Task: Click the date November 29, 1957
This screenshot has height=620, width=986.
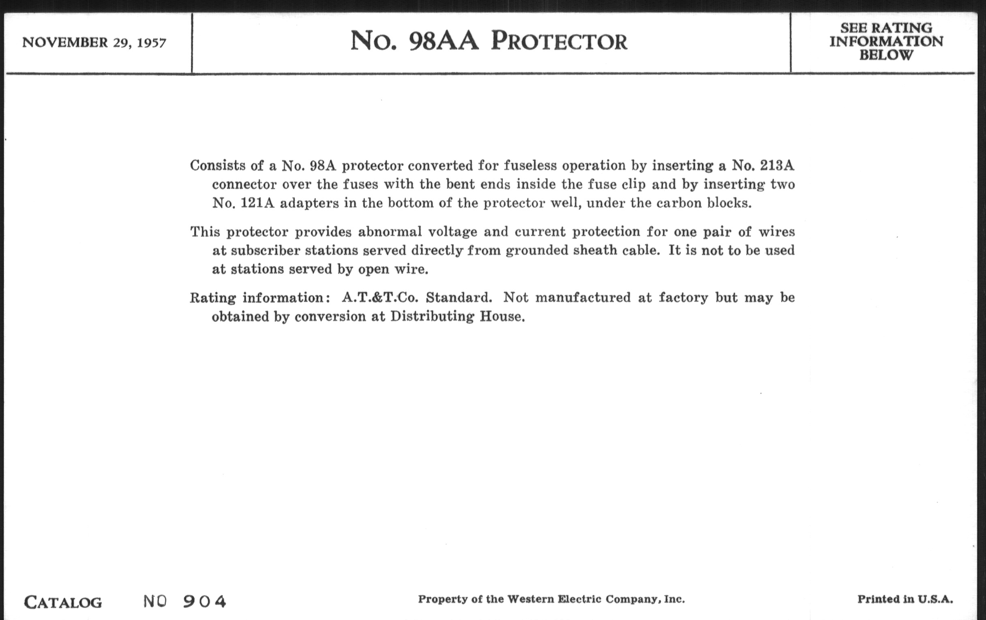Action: [x=94, y=43]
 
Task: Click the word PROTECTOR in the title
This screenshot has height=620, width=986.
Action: [x=559, y=42]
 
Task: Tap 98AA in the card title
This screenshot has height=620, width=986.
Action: [x=444, y=42]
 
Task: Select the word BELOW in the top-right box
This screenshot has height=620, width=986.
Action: [x=886, y=55]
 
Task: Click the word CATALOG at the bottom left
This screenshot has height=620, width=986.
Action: [x=63, y=602]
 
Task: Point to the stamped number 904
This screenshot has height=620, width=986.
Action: [x=204, y=601]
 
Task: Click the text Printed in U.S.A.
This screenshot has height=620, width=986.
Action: [x=905, y=600]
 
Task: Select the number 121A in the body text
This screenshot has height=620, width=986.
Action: [x=257, y=203]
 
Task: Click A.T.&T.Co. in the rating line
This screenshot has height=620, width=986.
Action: [x=380, y=297]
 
